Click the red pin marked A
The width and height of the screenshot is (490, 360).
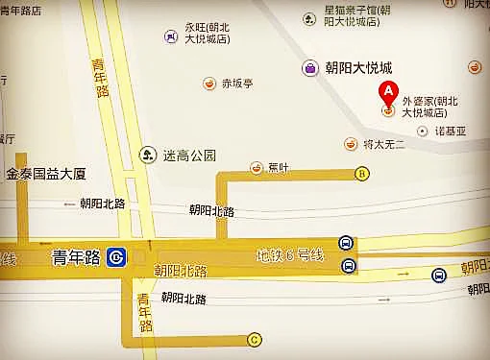tap(387, 94)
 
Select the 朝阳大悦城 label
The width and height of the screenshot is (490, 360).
tap(360, 68)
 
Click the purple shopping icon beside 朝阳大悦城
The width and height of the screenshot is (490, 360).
tap(310, 68)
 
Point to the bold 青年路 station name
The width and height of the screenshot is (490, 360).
tap(75, 256)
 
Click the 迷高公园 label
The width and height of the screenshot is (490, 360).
tap(190, 154)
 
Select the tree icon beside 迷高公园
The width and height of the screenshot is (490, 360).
tap(148, 154)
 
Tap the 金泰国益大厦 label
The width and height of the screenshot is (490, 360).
tap(46, 175)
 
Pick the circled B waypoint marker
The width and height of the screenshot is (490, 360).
tap(361, 174)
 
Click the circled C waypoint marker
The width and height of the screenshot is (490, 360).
tap(255, 338)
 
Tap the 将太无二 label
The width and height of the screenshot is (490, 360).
tap(384, 144)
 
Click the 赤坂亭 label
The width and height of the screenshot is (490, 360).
tap(236, 84)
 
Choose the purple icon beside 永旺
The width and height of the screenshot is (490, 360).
tap(170, 37)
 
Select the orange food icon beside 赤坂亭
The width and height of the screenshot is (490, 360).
tap(208, 84)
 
